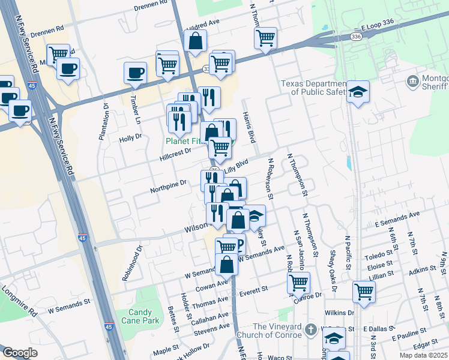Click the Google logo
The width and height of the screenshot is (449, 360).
click(20, 353)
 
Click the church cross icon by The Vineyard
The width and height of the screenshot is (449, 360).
click(310, 329)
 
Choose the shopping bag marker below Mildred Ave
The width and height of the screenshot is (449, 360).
click(195, 41)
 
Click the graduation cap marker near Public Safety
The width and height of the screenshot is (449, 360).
click(358, 92)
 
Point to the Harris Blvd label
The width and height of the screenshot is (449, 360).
click(249, 127)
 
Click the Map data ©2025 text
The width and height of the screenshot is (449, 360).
click(423, 355)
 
